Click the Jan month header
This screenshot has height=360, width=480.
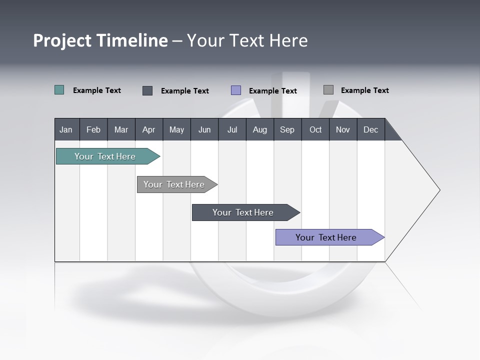pos(66,129)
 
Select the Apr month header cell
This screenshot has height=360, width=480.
pos(148,129)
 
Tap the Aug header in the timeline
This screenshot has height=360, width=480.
pos(259,129)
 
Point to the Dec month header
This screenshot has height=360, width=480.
pos(370,129)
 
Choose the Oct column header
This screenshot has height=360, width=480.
pos(315,129)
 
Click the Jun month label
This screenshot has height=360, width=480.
pos(204,129)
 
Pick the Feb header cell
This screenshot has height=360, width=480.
pos(93,129)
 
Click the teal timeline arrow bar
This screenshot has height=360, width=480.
pos(105,156)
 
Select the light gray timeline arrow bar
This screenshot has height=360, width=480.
pos(174,184)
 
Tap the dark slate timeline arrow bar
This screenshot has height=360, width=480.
pos(243,212)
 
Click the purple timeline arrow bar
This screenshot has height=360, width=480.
pos(326,237)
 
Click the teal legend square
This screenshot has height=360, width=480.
pos(59,90)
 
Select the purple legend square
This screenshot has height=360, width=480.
pos(236,90)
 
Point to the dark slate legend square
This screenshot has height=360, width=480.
pos(147,90)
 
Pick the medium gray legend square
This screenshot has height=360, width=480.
pos(328,90)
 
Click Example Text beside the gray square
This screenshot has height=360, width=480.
pos(364,90)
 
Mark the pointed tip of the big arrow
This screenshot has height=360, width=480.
pos(439,190)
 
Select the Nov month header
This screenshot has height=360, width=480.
pos(342,129)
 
